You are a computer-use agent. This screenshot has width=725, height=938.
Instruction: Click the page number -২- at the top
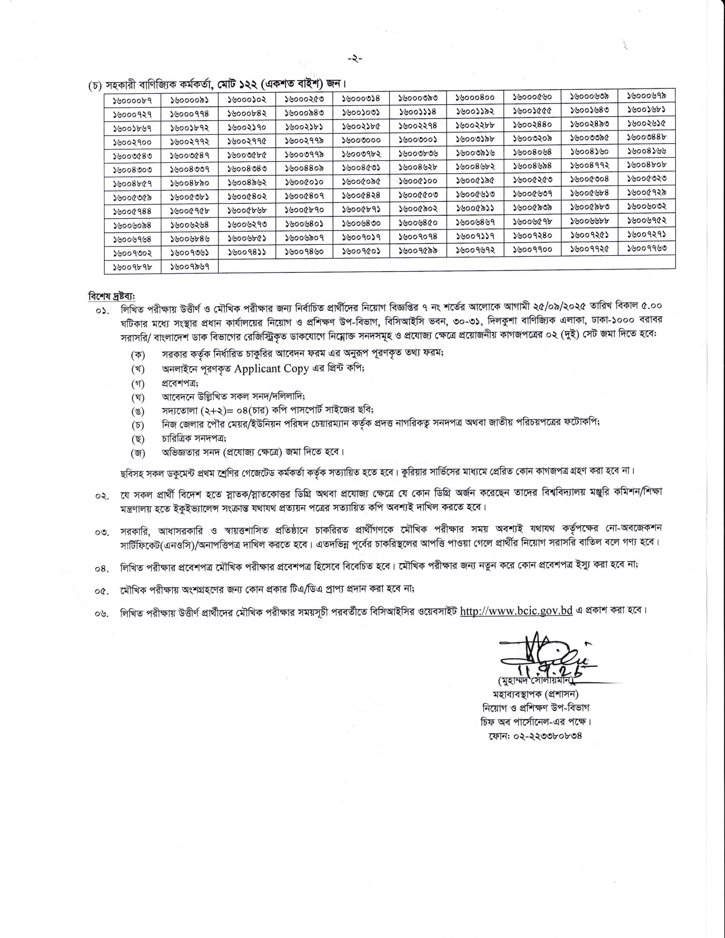click(355, 59)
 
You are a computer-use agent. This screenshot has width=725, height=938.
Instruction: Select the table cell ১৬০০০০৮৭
click(132, 101)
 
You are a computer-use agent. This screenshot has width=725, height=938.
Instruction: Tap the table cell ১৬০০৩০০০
click(361, 140)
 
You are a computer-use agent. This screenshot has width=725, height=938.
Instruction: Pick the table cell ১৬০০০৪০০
click(475, 98)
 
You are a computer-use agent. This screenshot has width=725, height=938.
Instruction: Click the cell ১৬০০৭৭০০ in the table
click(533, 249)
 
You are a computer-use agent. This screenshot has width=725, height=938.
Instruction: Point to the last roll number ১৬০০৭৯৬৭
click(189, 266)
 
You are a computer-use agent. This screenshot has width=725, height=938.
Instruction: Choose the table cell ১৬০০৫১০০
click(418, 181)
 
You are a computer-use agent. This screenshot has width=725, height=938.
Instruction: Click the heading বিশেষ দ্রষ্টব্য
click(111, 296)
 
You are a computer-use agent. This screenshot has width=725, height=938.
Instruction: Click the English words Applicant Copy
click(271, 368)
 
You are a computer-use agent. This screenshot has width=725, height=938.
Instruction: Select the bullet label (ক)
click(138, 355)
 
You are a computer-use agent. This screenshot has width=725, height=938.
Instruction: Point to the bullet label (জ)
click(138, 453)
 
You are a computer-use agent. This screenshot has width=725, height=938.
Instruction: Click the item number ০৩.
click(102, 533)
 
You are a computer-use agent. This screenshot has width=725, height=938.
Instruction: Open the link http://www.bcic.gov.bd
click(516, 611)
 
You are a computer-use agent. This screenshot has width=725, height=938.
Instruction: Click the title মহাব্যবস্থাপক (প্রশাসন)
click(535, 694)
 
